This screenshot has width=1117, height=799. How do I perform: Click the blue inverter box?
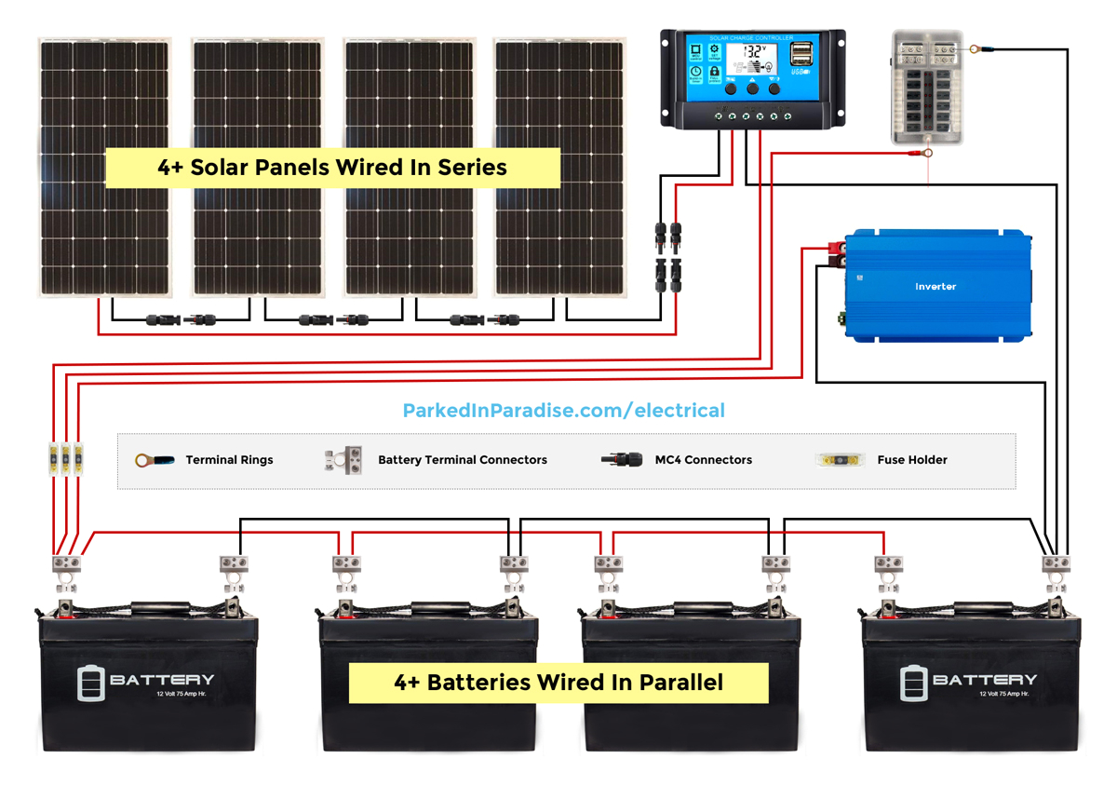(935, 285)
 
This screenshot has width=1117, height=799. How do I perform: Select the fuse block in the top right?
(926, 87)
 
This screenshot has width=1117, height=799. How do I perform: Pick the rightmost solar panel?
(558, 168)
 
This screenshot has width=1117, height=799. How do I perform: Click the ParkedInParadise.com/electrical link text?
(563, 411)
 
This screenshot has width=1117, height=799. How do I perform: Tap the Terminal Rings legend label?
(229, 460)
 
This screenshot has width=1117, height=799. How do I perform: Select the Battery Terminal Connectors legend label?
(463, 460)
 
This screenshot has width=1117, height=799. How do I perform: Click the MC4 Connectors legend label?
(703, 460)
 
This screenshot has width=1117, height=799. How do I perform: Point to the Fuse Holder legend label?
(912, 460)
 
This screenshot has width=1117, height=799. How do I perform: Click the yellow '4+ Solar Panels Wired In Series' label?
(332, 169)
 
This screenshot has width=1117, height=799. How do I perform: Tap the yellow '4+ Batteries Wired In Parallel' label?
(558, 683)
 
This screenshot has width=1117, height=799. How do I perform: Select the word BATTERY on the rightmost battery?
(985, 680)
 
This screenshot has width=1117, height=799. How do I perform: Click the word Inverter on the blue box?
(935, 287)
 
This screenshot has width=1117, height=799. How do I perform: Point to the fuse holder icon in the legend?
(841, 459)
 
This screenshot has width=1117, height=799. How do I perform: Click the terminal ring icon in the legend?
(155, 460)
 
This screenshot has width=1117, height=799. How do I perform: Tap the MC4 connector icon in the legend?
(622, 460)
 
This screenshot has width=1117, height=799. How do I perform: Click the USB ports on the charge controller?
(802, 56)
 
